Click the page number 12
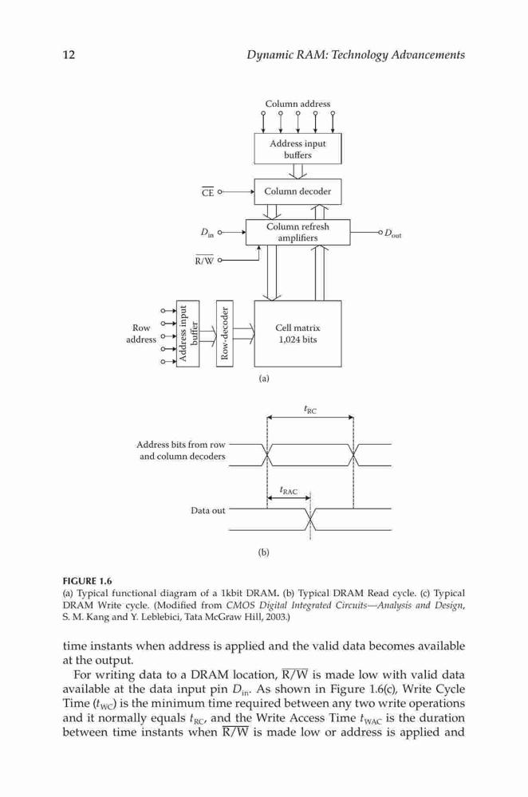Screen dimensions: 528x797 point(69,54)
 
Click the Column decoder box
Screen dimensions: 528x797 point(297,191)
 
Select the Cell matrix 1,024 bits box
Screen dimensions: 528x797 point(297,333)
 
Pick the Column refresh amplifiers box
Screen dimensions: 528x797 point(297,232)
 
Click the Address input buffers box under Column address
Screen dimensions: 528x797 point(297,148)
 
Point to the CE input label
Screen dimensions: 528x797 point(207,192)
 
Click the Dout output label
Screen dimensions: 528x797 point(392,234)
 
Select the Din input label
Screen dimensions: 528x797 point(207,234)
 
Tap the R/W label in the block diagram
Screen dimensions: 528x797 point(204,261)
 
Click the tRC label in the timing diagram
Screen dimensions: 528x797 point(309,409)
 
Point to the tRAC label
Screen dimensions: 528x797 point(289,490)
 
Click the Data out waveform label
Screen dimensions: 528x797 point(207,510)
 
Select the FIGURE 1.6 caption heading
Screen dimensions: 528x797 point(87,581)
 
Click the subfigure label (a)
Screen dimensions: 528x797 point(263,378)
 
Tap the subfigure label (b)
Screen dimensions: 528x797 point(263,552)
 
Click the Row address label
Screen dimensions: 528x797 point(141,333)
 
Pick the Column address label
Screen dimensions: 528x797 point(297,104)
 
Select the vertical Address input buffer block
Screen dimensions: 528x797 point(187,333)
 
